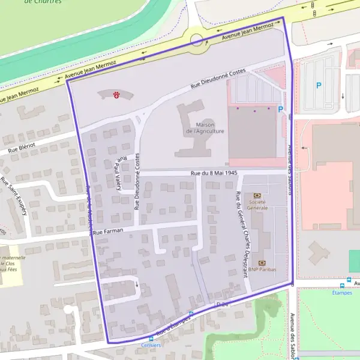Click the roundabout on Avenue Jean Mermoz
tap(196, 40)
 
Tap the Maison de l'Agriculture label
tap(206, 128)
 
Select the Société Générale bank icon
tap(257, 196)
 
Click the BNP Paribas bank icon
tap(262, 263)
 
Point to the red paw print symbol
tap(116, 95)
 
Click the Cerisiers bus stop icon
tap(151, 339)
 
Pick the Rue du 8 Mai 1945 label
tap(214, 173)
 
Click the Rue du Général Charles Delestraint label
tap(242, 234)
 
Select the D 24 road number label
tap(223, 305)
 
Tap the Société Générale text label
tap(257, 205)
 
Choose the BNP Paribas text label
tap(262, 271)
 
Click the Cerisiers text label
tap(151, 346)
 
